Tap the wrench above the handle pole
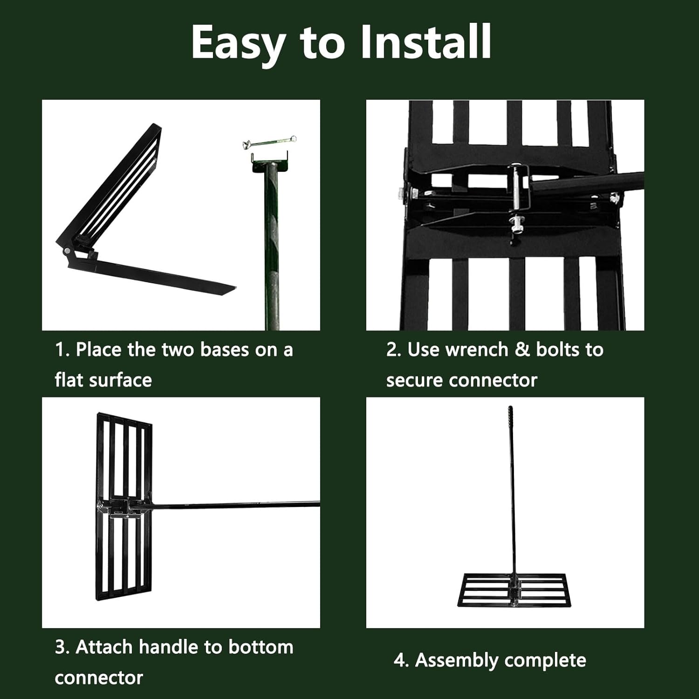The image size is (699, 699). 269,142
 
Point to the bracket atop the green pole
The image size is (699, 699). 269,161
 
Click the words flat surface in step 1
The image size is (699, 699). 103,380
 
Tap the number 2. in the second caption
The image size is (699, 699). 394,349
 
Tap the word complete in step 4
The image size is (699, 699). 545,661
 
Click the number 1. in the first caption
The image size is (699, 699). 62,349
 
